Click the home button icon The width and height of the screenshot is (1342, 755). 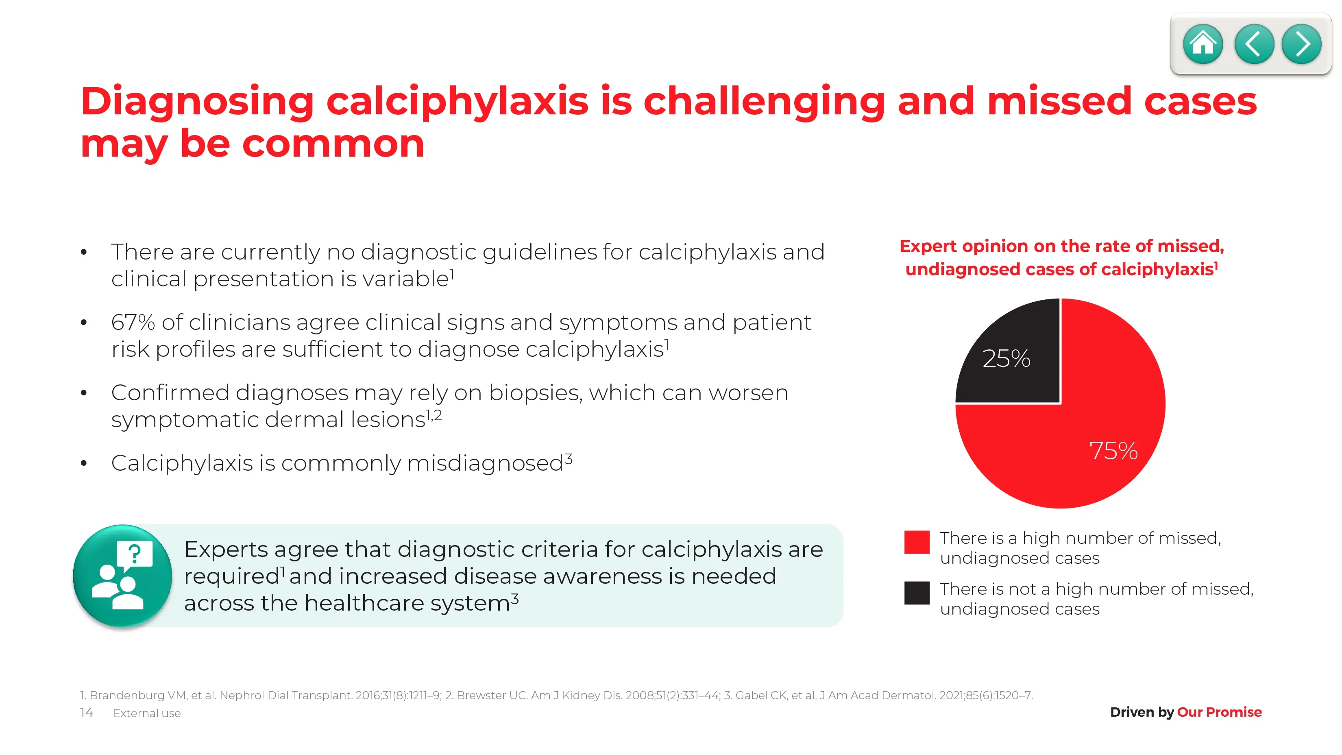1203,44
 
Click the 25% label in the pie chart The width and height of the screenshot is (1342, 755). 1006,358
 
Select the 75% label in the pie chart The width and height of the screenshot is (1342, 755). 1113,451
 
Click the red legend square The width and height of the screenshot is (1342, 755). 917,542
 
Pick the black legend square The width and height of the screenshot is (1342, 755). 917,593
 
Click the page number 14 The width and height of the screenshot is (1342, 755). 87,712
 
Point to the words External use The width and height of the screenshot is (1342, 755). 147,714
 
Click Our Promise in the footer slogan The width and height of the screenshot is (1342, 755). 1219,712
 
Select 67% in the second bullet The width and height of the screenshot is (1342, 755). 133,323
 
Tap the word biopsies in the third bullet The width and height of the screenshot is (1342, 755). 535,393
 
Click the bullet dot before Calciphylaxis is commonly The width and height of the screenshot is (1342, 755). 84,463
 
